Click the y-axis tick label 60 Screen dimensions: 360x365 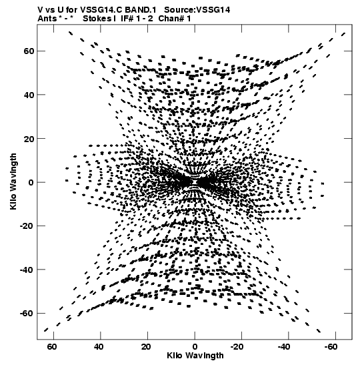tap(29, 51)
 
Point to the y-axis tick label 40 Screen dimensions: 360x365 tap(29, 95)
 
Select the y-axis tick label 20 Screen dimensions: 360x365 tap(29, 139)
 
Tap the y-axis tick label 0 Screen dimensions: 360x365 tap(31, 182)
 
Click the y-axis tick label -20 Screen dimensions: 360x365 tap(27, 226)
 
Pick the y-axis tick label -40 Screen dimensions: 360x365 tap(27, 270)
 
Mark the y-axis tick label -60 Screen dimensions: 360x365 tap(27, 314)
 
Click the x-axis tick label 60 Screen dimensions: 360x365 tap(52, 347)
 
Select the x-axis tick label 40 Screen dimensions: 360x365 tap(99, 347)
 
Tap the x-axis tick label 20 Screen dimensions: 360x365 tap(146, 347)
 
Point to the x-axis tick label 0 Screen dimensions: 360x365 tap(195, 347)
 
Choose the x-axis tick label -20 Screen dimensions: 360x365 tap(237, 347)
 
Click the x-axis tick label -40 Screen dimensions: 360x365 tap(284, 347)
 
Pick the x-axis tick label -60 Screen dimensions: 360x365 tap(331, 347)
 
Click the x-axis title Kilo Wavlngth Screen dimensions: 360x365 tap(195, 356)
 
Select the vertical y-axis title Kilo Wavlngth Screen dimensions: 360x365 tap(13, 181)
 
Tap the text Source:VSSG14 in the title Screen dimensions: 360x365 tap(197, 10)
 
